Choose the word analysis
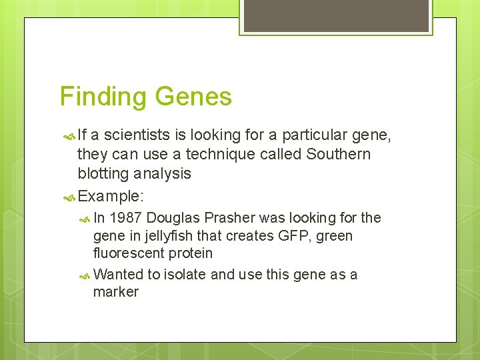point(162,173)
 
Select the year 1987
point(125,218)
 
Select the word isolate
point(185,275)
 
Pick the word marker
point(116,292)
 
